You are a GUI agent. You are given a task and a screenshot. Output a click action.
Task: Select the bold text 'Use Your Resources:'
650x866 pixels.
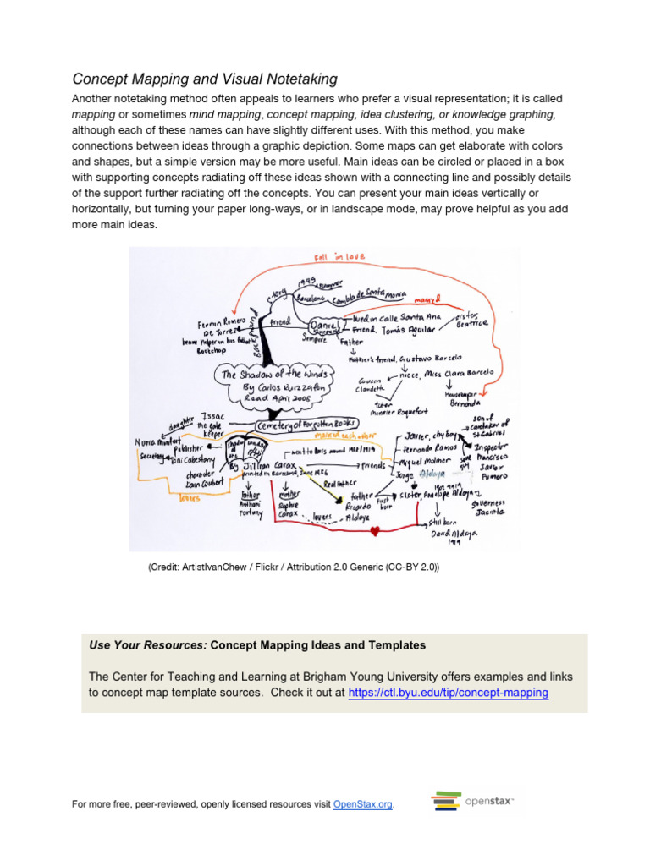tap(148, 645)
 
